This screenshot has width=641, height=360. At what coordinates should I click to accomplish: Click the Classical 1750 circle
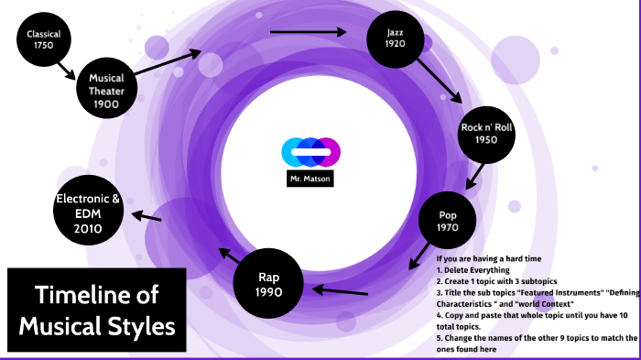click(x=38, y=40)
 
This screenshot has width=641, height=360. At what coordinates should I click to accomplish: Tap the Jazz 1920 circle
click(x=395, y=38)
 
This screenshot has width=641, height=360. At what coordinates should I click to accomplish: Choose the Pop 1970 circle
click(x=447, y=221)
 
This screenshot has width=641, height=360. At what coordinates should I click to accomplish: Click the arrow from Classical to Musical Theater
click(x=65, y=69)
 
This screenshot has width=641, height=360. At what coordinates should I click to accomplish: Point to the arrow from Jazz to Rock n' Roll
click(x=444, y=83)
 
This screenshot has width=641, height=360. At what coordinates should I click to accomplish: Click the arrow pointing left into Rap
click(x=341, y=291)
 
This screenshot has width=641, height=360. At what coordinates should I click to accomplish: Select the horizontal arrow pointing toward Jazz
click(x=309, y=32)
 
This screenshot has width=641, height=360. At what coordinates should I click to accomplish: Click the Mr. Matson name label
click(x=308, y=180)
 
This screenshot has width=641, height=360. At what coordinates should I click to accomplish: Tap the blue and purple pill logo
click(x=310, y=151)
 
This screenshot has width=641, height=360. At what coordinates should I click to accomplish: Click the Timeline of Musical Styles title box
click(x=97, y=309)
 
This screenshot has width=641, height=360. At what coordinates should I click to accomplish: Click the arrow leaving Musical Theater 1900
click(x=171, y=61)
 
